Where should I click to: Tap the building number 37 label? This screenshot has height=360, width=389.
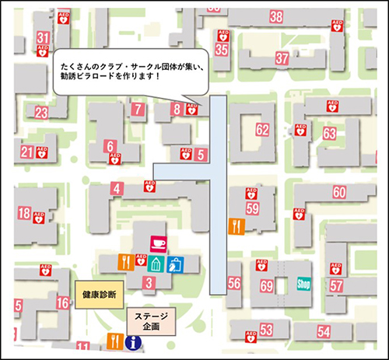(x=282, y=59)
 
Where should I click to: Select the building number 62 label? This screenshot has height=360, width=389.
(x=262, y=129)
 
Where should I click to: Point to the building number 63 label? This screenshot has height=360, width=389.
(x=329, y=134)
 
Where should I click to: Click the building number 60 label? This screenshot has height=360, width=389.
(x=338, y=192)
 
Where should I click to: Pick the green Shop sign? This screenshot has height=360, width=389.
(x=303, y=285)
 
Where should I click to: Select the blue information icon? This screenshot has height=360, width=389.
(x=134, y=341)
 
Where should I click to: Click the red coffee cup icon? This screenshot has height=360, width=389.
(x=158, y=242)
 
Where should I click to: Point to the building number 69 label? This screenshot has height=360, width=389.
(x=267, y=286)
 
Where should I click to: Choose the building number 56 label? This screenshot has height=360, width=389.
(x=234, y=285)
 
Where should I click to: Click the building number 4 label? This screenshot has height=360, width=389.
(x=117, y=187)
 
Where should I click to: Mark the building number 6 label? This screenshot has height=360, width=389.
(x=110, y=145)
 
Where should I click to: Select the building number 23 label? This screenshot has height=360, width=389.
(x=40, y=113)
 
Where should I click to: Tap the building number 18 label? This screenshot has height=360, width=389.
(x=24, y=213)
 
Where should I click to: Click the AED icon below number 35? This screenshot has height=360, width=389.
(x=223, y=36)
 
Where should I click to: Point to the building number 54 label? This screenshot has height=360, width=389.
(x=323, y=331)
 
